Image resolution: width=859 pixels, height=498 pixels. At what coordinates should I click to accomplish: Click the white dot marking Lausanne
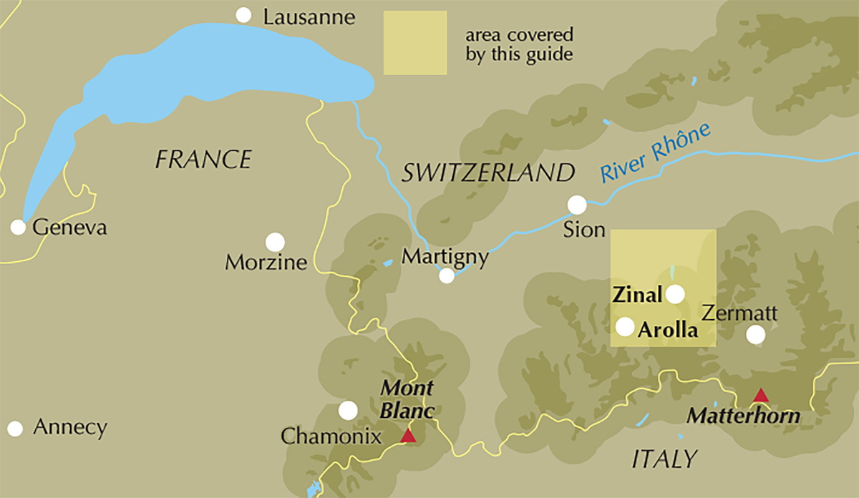pyautogui.click(x=244, y=15)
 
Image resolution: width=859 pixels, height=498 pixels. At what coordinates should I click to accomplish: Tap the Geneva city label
pyautogui.click(x=70, y=228)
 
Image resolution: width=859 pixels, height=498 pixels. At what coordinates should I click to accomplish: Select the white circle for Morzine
pyautogui.click(x=275, y=242)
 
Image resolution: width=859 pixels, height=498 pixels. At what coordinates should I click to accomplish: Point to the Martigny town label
pyautogui.click(x=445, y=256)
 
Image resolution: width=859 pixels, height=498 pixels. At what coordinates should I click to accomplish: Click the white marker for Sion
pyautogui.click(x=577, y=205)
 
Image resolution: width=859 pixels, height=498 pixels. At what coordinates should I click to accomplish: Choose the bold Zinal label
pyautogui.click(x=636, y=295)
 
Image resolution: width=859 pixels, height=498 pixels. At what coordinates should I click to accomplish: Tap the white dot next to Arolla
pyautogui.click(x=625, y=327)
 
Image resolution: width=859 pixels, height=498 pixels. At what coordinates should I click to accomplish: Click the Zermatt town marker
pyautogui.click(x=755, y=334)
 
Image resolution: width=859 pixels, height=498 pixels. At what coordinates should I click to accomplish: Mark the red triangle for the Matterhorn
pyautogui.click(x=760, y=396)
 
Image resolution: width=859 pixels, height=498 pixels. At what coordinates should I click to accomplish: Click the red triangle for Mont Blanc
pyautogui.click(x=408, y=436)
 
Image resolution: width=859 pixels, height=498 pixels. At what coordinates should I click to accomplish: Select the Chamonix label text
pyautogui.click(x=331, y=436)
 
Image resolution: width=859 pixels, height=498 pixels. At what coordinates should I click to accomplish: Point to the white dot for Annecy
pyautogui.click(x=15, y=429)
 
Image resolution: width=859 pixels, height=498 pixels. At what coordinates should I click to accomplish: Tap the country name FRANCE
pyautogui.click(x=203, y=159)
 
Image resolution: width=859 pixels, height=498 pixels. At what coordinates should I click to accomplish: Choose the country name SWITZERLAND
pyautogui.click(x=488, y=172)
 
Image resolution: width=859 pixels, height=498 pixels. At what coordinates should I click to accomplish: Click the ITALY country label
pyautogui.click(x=664, y=459)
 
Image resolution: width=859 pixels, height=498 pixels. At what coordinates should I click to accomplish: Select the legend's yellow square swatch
pyautogui.click(x=415, y=43)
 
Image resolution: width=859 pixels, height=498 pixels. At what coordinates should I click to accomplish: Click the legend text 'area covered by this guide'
pyautogui.click(x=519, y=45)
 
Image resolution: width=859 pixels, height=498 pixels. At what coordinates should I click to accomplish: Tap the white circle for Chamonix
pyautogui.click(x=348, y=410)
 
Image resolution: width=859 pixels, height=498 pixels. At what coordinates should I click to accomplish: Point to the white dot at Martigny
pyautogui.click(x=447, y=275)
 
